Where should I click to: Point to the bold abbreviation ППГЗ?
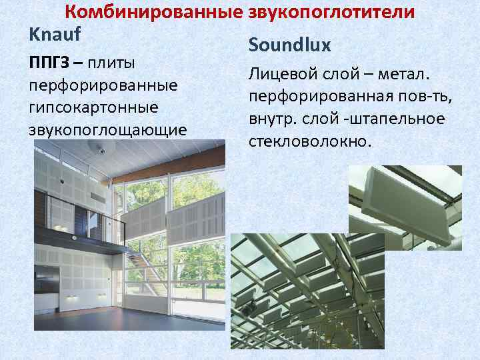[x=47, y=63]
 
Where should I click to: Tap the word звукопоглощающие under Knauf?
[x=107, y=129]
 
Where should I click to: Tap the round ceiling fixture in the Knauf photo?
[x=101, y=151]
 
